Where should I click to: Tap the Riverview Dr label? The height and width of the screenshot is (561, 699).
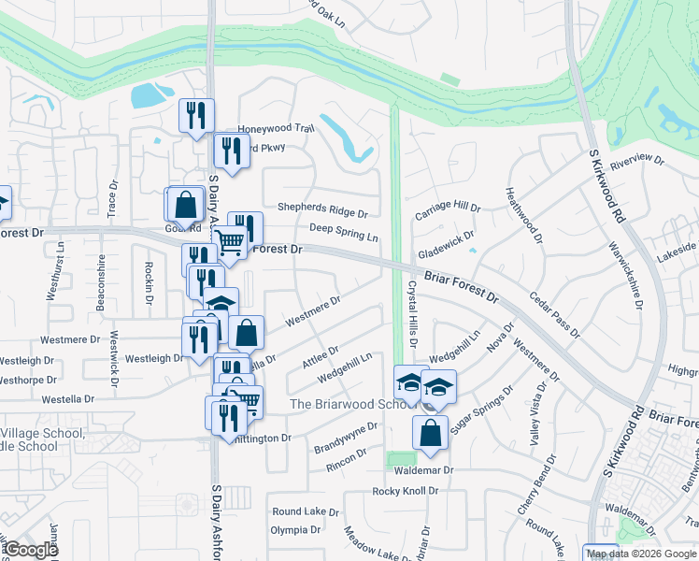[x=635, y=159]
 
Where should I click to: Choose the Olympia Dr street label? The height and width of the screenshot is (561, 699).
[x=295, y=530]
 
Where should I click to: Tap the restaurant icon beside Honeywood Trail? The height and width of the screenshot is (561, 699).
[x=196, y=116]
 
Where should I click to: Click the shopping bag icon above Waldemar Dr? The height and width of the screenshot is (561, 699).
[x=430, y=433]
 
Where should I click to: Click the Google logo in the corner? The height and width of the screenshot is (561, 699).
[x=31, y=550]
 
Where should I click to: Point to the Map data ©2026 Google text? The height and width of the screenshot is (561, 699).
[x=640, y=554]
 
